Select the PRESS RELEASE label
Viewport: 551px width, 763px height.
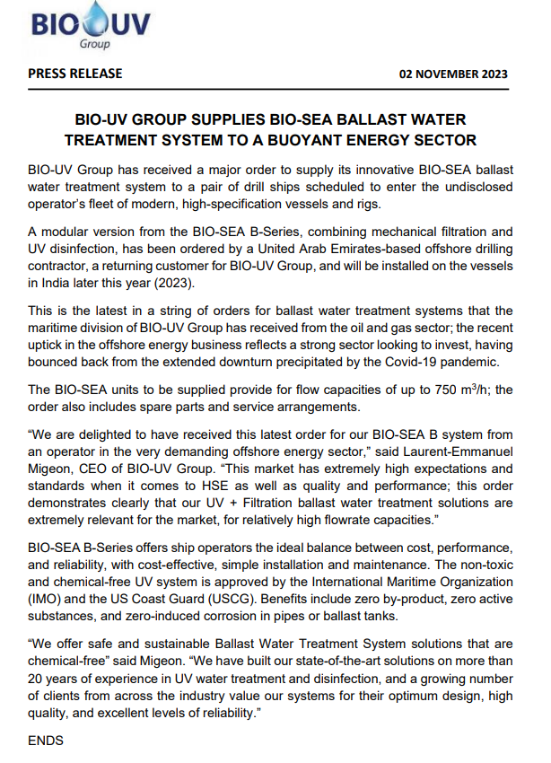pos(75,74)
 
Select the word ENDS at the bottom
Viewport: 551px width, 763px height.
pos(46,742)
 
